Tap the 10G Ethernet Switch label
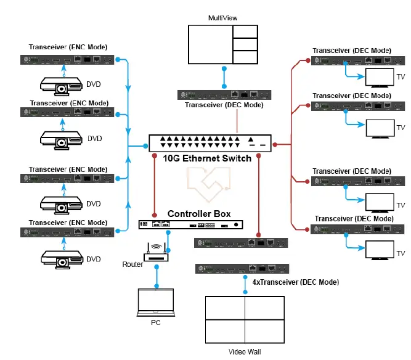click(207, 158)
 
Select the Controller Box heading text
click(199, 214)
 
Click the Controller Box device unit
click(194, 225)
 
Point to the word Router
click(132, 264)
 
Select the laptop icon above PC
click(156, 303)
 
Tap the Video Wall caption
click(245, 352)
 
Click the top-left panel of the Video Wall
click(224, 308)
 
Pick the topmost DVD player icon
click(62, 85)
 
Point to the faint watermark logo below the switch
click(208, 182)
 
